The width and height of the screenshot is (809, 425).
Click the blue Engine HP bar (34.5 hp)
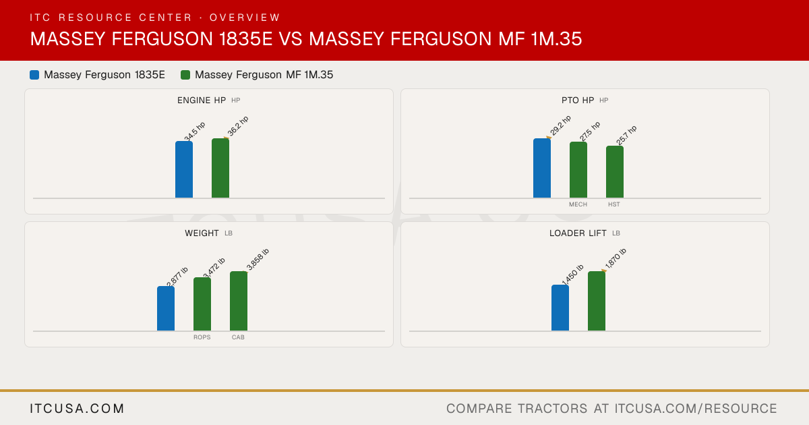pyautogui.click(x=184, y=169)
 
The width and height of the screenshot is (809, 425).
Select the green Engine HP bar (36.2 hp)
pyautogui.click(x=220, y=168)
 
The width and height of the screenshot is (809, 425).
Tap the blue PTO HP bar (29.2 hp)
pyautogui.click(x=542, y=168)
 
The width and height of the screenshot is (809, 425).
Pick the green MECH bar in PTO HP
pyautogui.click(x=578, y=170)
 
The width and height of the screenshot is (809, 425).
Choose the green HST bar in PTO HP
pyautogui.click(x=615, y=172)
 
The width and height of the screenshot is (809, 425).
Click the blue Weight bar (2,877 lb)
pyautogui.click(x=166, y=308)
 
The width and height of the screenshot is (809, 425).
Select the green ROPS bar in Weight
pyautogui.click(x=202, y=304)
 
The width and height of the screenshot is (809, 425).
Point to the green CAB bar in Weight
pyautogui.click(x=239, y=301)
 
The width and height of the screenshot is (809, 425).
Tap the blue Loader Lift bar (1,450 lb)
pyautogui.click(x=560, y=308)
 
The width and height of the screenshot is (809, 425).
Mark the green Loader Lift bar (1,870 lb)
pyautogui.click(x=597, y=301)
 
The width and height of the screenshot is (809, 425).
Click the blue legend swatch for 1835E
pyautogui.click(x=34, y=75)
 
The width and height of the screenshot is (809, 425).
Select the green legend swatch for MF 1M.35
pyautogui.click(x=185, y=75)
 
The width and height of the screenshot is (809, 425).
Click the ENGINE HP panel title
pyautogui.click(x=202, y=101)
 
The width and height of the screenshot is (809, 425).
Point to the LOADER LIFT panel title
pyautogui.click(x=578, y=233)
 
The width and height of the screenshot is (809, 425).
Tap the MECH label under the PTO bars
pyautogui.click(x=578, y=204)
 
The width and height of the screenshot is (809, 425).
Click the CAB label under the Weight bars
pyautogui.click(x=238, y=337)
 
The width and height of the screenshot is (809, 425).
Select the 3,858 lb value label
pyautogui.click(x=258, y=260)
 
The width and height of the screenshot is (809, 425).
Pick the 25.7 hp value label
pyautogui.click(x=626, y=135)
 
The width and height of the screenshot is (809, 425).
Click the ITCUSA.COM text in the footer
pyautogui.click(x=77, y=408)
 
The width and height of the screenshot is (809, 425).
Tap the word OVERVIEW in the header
pyautogui.click(x=245, y=18)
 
